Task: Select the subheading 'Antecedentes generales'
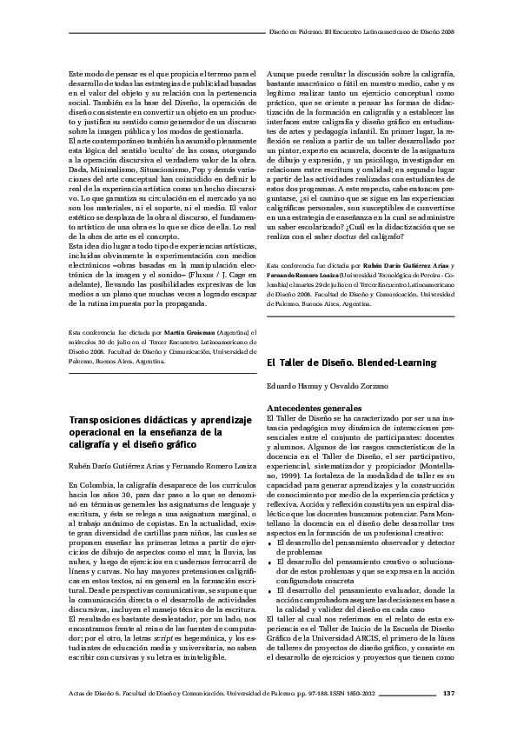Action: [313, 408]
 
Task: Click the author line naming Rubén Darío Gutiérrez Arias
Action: [157, 467]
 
